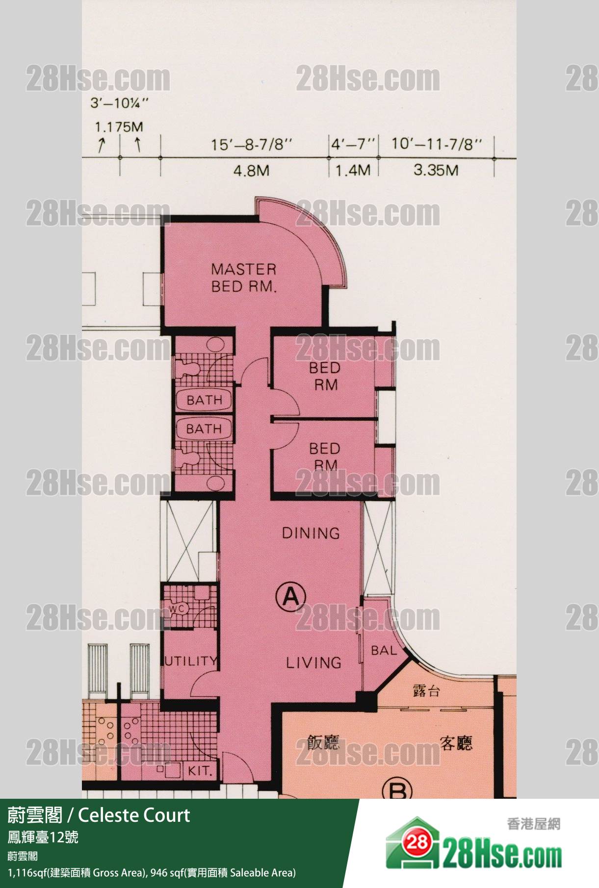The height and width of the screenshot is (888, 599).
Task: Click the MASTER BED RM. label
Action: [x=244, y=278]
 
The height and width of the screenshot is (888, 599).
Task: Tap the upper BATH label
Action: [x=205, y=400]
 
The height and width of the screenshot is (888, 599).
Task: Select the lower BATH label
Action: [x=204, y=429]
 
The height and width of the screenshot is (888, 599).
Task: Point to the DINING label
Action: [x=311, y=533]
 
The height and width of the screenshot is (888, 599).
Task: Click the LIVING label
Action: [x=314, y=663]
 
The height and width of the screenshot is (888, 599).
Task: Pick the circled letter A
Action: [x=290, y=597]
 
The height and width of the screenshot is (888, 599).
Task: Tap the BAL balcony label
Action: [x=384, y=651]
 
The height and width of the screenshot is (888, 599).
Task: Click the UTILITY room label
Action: [x=190, y=661]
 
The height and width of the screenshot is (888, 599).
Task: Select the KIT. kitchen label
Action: [x=200, y=771]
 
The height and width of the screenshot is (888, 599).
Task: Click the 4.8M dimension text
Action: [x=251, y=171]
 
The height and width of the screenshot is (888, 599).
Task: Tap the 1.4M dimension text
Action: [x=353, y=171]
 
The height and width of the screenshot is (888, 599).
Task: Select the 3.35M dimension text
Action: [x=436, y=170]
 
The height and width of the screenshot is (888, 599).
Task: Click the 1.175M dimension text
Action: [x=119, y=127]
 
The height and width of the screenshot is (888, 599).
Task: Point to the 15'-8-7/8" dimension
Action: [x=251, y=145]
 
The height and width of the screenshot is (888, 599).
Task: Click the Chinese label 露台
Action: [x=426, y=691]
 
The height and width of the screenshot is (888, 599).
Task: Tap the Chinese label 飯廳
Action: [x=323, y=743]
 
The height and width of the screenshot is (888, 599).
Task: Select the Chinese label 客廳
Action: [x=456, y=744]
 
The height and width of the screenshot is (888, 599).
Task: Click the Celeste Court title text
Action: [x=134, y=815]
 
